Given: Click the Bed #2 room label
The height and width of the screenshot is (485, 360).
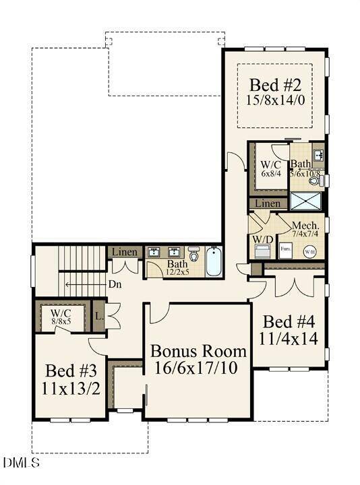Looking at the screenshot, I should (274, 86).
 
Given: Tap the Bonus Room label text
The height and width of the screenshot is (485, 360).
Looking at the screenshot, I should (198, 351).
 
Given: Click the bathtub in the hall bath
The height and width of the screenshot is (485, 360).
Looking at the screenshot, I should (213, 262).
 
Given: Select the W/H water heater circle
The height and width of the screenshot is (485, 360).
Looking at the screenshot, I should (310, 252).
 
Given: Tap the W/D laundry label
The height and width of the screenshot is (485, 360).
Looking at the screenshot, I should (262, 239).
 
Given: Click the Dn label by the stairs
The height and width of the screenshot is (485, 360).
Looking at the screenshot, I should (115, 284).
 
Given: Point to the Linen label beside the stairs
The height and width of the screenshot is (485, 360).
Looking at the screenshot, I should (125, 253).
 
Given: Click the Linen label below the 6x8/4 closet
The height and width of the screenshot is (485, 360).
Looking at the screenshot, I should (268, 203).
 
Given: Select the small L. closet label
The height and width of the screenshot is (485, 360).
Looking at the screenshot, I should (98, 316).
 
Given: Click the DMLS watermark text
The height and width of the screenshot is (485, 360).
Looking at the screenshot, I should (21, 462).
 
